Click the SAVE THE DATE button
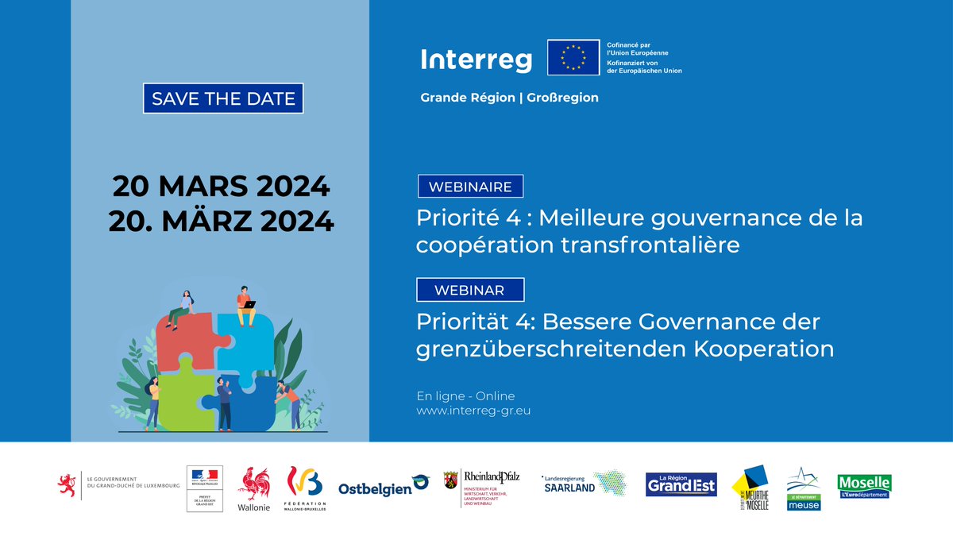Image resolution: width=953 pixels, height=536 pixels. tap(223, 99)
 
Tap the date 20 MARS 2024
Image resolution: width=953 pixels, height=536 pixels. tap(221, 187)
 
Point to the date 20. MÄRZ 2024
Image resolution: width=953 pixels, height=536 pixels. tap(221, 221)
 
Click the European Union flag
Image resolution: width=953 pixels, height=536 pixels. tap(573, 57)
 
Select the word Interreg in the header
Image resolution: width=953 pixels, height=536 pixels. tap(476, 59)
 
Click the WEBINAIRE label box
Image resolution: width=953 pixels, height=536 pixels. tap(470, 187)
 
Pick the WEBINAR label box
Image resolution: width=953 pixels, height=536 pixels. tap(470, 290)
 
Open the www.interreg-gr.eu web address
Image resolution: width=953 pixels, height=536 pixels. tap(473, 411)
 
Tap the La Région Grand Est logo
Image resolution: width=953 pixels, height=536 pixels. tap(681, 484)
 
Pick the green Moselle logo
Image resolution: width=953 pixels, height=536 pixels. tap(864, 486)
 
